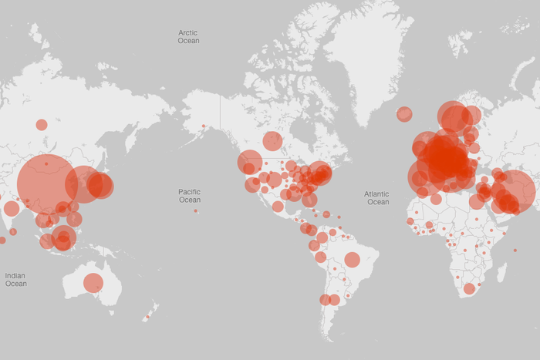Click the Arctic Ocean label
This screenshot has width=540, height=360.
(188, 36)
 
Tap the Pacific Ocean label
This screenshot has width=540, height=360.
(189, 196)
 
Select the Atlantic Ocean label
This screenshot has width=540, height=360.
(377, 198)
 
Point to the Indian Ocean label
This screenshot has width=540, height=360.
(15, 279)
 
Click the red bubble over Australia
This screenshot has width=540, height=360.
(93, 283)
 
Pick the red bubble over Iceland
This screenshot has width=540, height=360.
(404, 114)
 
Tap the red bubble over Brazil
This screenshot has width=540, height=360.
(352, 260)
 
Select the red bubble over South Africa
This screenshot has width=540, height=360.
(469, 289)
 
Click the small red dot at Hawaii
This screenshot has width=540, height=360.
(196, 210)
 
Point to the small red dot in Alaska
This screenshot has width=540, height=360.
(204, 126)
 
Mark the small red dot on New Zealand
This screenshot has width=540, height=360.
(148, 316)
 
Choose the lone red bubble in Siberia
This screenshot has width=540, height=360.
(42, 124)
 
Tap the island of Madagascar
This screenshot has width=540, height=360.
(501, 271)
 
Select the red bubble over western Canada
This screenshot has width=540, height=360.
(272, 141)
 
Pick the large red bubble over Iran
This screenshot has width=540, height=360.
(513, 190)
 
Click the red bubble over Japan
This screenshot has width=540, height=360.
(100, 185)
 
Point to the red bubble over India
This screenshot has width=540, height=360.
(11, 208)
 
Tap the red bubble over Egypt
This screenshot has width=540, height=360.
(477, 202)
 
